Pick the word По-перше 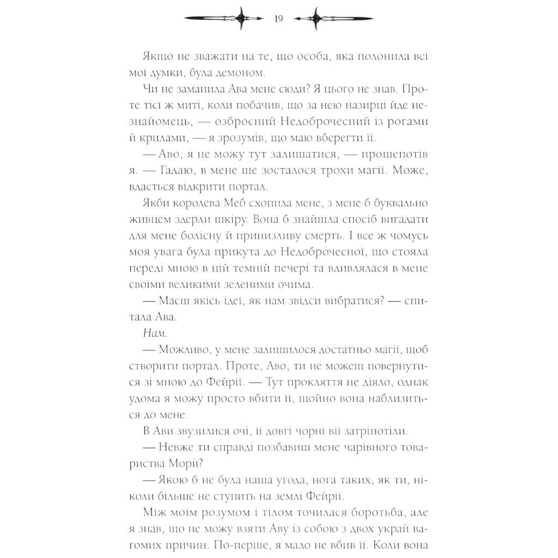[255, 544]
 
